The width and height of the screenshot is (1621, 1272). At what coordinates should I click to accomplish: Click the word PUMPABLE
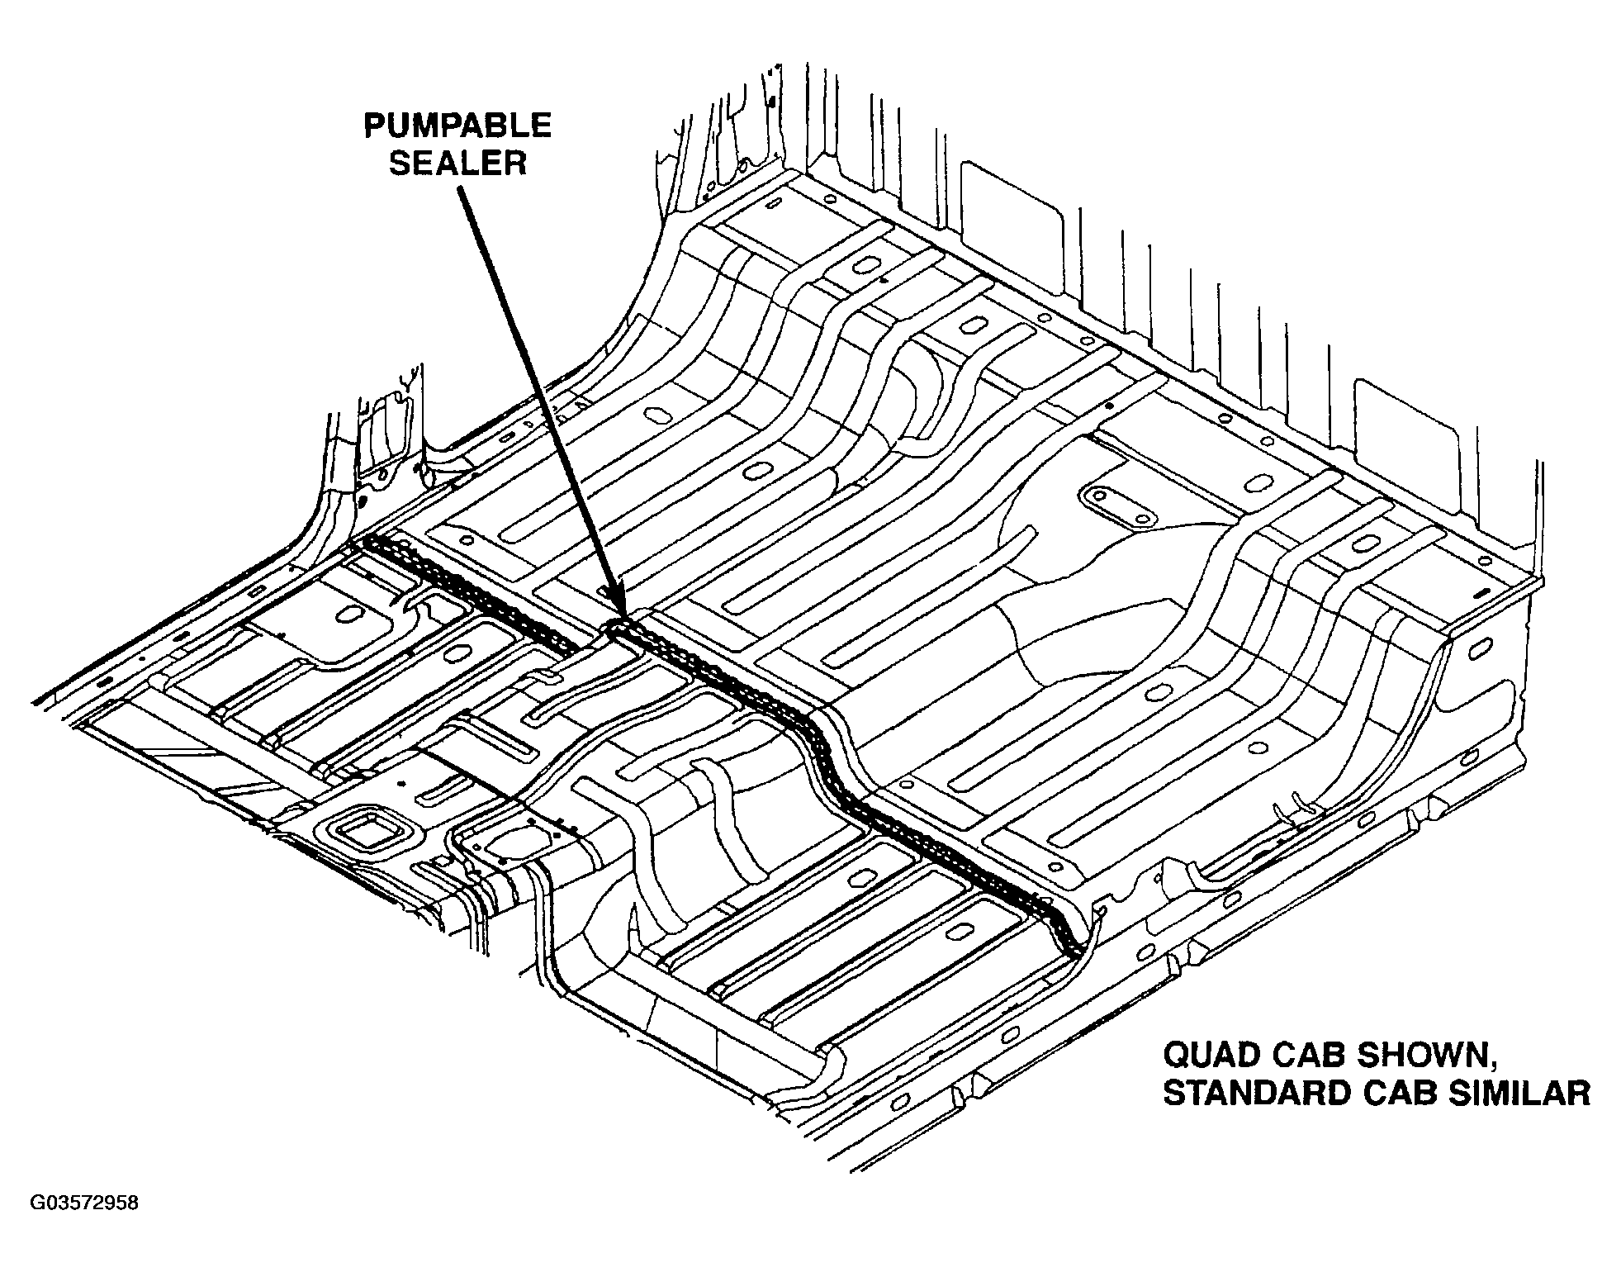(457, 126)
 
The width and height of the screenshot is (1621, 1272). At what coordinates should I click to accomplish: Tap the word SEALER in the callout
(457, 162)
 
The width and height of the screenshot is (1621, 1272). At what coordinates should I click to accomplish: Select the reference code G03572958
(85, 1203)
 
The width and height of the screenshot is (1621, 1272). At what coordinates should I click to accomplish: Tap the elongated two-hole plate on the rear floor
(1117, 505)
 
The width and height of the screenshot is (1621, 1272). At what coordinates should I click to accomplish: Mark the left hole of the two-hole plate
(1100, 496)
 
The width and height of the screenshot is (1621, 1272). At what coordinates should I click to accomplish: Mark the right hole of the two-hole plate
(1142, 518)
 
